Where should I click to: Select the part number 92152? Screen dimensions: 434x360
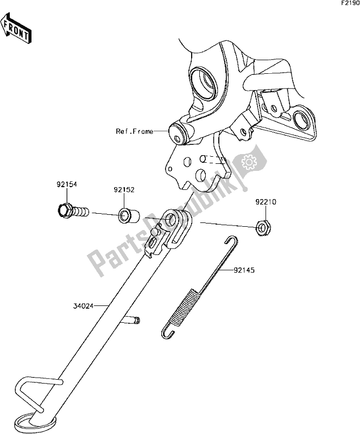pyautogui.click(x=124, y=191)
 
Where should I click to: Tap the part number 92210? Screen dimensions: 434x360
pyautogui.click(x=266, y=202)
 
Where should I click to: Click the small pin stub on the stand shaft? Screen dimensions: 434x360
pyautogui.click(x=131, y=320)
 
